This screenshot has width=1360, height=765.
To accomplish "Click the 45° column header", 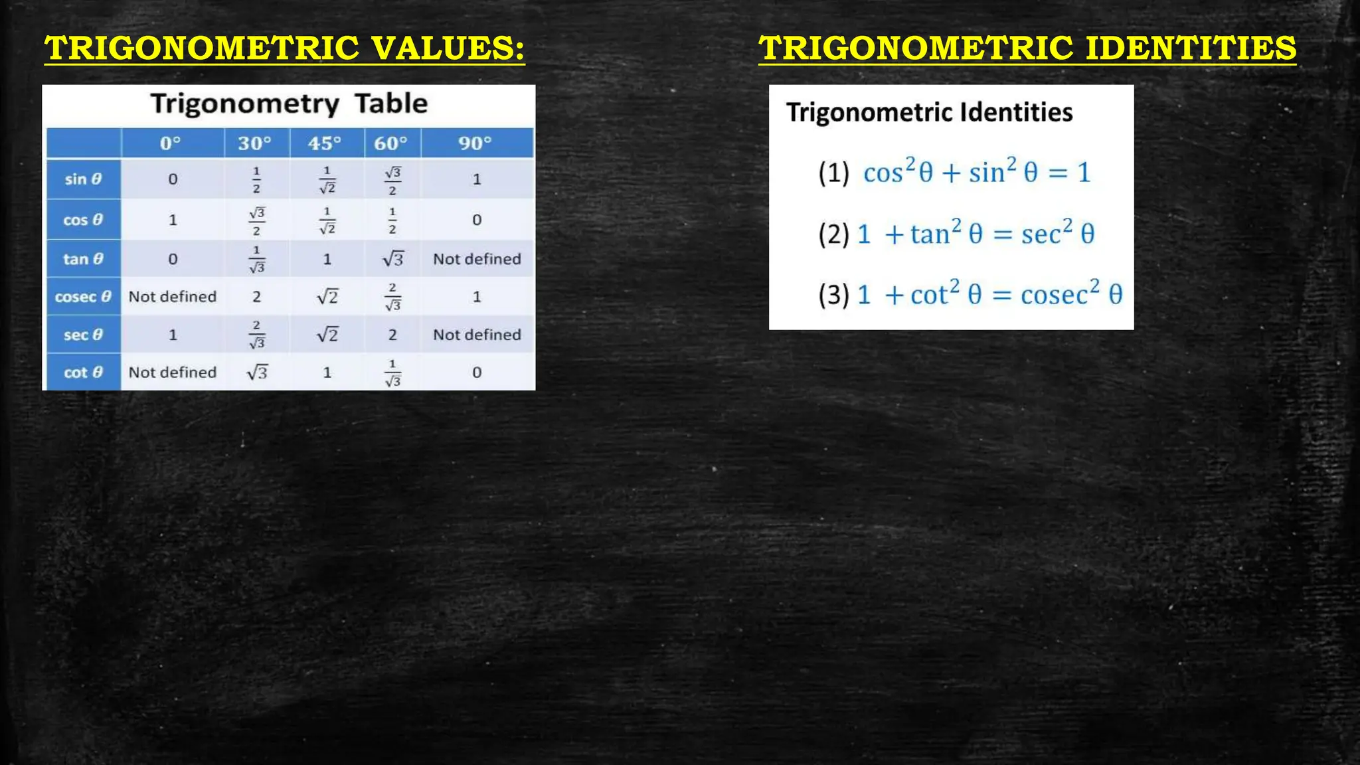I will click(x=325, y=143).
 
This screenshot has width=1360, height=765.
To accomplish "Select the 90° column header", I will click(x=475, y=143).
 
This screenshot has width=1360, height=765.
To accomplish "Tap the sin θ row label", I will click(x=83, y=179).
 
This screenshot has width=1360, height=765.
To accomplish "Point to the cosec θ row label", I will click(x=83, y=297).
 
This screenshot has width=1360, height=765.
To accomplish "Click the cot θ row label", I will click(x=83, y=373).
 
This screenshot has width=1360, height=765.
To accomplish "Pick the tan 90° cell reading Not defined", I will click(x=477, y=259).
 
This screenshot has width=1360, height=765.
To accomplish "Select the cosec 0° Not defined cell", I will click(x=173, y=297).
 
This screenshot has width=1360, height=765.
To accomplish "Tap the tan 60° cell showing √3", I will click(x=392, y=259).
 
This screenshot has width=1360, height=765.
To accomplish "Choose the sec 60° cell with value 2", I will click(x=392, y=335).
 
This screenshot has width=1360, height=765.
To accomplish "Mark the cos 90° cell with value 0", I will click(x=477, y=220).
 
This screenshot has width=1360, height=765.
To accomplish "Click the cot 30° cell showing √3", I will click(x=257, y=373).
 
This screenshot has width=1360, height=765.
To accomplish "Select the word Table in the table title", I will click(x=390, y=104).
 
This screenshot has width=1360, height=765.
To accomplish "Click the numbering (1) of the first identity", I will click(x=833, y=173).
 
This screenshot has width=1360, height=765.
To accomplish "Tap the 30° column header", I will click(x=255, y=143).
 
